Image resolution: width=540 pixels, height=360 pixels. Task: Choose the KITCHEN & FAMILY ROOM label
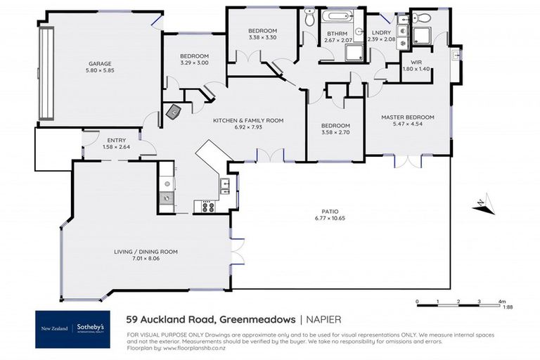[248, 120]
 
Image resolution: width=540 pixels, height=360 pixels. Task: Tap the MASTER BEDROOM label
[407, 117]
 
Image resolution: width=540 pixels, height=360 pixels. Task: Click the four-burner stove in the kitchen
[208, 207]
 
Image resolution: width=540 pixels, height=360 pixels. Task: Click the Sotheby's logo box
[73, 328]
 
